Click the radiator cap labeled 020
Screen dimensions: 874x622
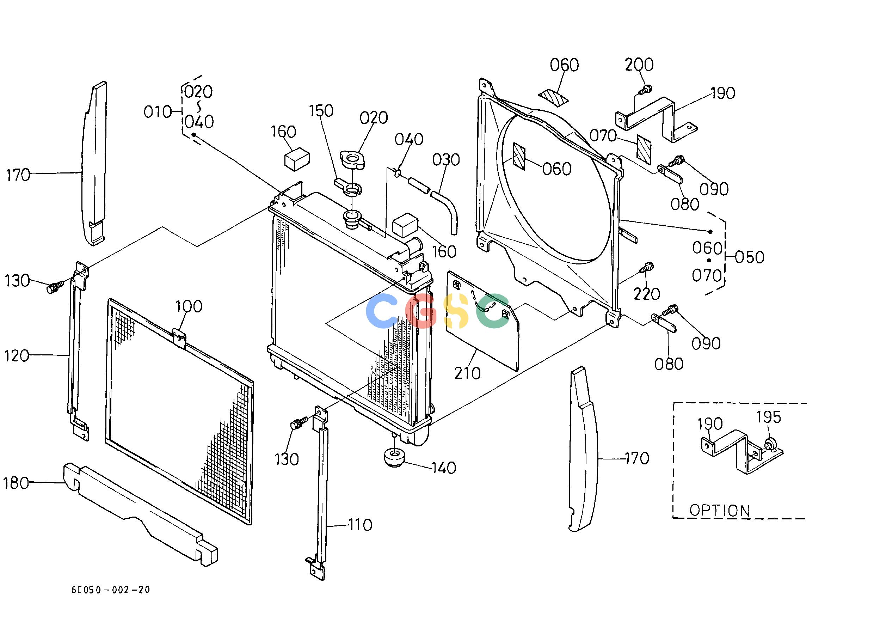352,159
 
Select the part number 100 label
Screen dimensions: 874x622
189,306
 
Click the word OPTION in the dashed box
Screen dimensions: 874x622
720,511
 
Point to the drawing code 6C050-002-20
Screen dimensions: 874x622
111,590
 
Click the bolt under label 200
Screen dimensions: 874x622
645,90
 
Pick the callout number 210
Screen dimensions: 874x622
467,373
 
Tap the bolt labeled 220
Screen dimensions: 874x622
646,267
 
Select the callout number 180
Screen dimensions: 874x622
16,483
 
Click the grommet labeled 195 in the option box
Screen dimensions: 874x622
770,444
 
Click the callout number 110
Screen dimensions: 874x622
360,525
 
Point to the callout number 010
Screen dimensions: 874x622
157,112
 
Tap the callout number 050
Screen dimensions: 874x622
750,257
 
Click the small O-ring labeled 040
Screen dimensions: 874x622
398,173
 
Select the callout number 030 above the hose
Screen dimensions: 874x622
446,160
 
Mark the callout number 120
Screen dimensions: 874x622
17,356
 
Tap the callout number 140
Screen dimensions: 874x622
444,468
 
